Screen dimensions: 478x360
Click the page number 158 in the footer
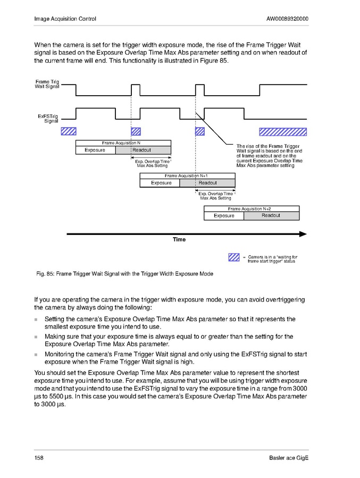point(38,458)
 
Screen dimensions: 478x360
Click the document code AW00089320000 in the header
point(287,19)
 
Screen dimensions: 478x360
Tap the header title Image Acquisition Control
point(65,19)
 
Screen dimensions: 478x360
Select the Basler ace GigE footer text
point(289,458)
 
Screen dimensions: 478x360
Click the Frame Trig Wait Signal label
point(47,84)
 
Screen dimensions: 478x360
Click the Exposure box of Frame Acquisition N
point(95,150)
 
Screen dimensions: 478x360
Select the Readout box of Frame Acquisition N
point(143,150)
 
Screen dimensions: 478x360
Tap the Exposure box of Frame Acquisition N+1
point(161,183)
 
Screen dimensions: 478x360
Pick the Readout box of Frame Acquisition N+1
point(207,183)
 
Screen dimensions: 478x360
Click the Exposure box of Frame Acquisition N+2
point(224,216)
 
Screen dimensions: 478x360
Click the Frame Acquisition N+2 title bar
point(252,209)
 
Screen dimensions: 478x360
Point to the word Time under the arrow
point(179,240)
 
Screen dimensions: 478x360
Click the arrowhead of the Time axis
point(303,233)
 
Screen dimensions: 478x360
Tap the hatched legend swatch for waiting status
point(233,258)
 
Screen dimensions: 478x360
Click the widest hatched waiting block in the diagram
point(282,131)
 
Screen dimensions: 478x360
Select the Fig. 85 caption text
point(124,274)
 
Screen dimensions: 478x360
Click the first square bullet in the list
point(36,320)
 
